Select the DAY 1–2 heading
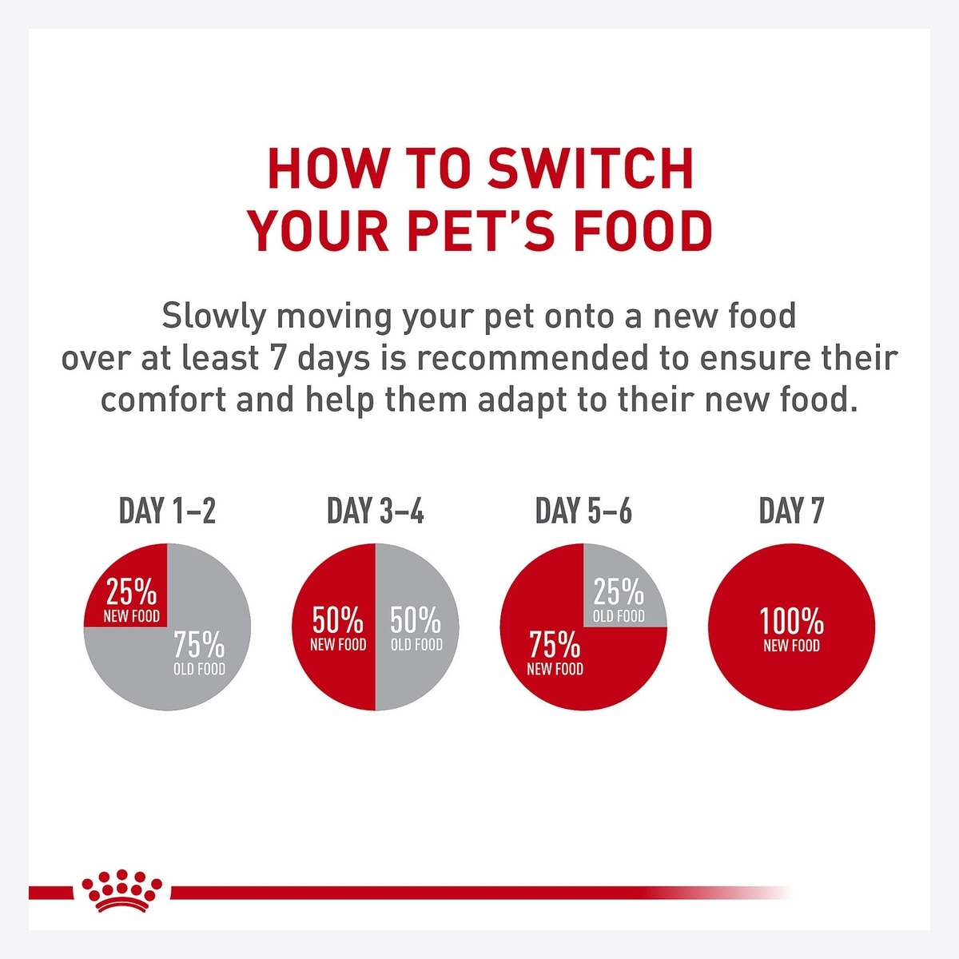click(x=167, y=511)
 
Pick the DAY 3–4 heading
click(x=376, y=511)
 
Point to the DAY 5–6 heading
click(x=583, y=511)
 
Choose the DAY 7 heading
click(x=791, y=511)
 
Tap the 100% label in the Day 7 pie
click(x=791, y=622)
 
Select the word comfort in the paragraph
click(x=164, y=400)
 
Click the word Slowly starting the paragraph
click(x=213, y=316)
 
